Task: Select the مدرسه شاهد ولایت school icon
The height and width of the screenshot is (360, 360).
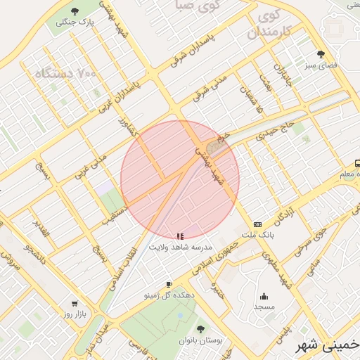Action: [180, 236]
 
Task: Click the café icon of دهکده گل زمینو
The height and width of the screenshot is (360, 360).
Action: [168, 284]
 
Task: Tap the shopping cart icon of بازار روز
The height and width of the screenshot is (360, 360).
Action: [75, 304]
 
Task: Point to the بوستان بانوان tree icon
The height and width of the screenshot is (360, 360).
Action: [200, 329]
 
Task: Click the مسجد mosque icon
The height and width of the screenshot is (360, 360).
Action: [264, 296]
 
